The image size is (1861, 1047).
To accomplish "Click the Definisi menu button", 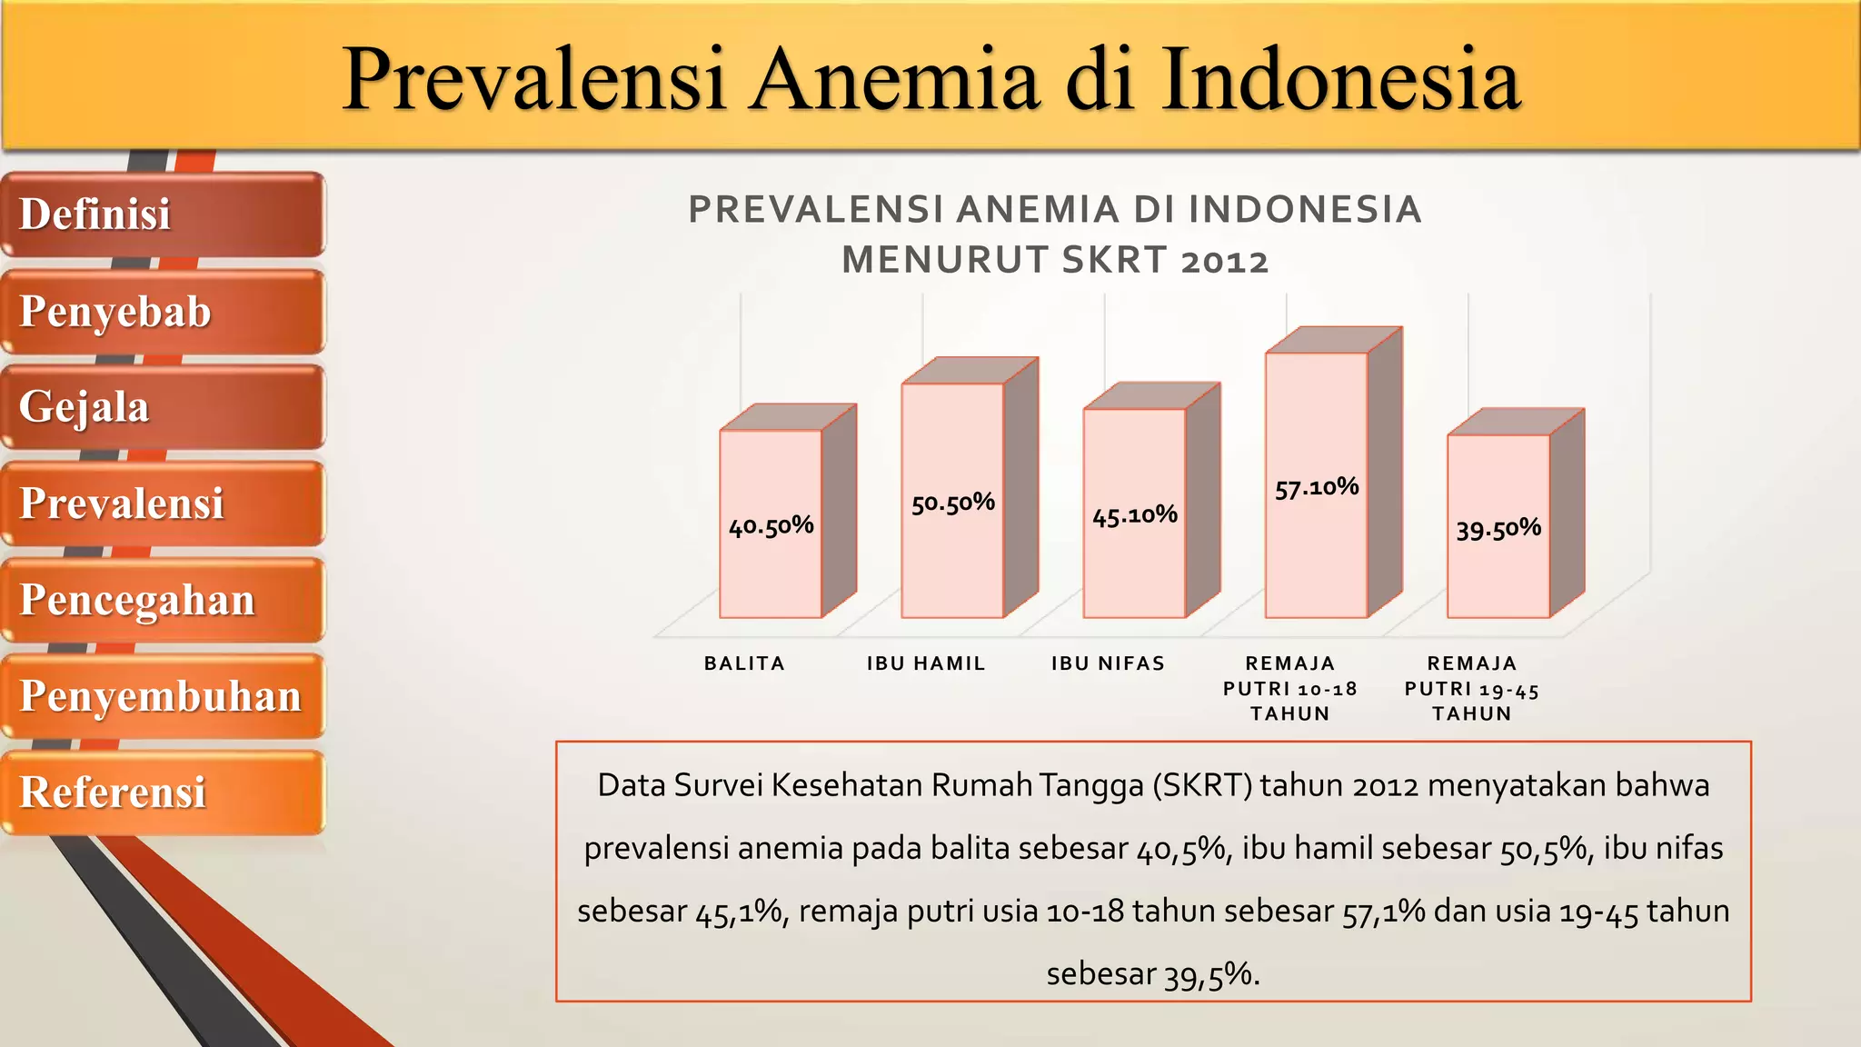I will coord(162,214).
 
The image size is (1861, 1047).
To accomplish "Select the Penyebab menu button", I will coord(162,312).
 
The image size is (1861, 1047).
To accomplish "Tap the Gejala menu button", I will coord(162,407).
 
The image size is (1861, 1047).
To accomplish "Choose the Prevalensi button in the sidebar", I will coord(162,504).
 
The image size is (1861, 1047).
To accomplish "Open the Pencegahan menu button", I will coord(162,600).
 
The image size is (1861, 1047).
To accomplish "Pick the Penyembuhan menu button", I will coord(162,696).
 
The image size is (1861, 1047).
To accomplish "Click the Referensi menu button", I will coord(162,793).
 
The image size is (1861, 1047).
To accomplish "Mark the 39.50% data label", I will coord(1498,528).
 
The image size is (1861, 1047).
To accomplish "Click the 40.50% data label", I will coord(771,525).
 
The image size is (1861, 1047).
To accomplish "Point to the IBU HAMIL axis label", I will coord(926,663).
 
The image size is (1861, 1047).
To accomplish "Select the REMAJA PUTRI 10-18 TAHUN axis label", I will coord(1289,688).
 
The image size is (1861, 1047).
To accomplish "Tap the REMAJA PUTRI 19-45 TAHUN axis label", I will coord(1471,688).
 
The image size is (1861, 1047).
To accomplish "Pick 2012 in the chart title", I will coord(1224,261).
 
